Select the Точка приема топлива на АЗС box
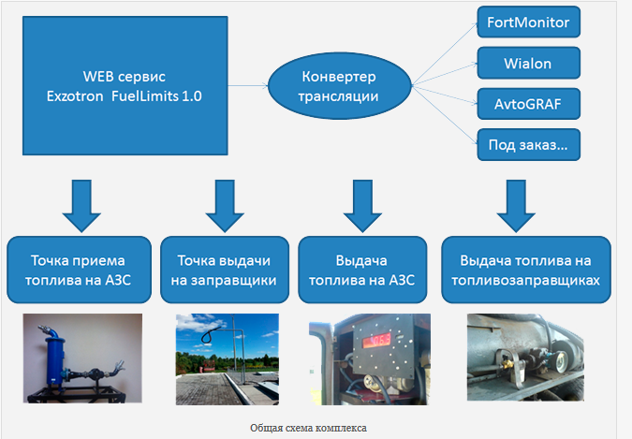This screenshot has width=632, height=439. point(78,271)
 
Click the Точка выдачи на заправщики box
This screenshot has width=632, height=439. point(220,271)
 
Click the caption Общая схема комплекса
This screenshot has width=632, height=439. point(308,427)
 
